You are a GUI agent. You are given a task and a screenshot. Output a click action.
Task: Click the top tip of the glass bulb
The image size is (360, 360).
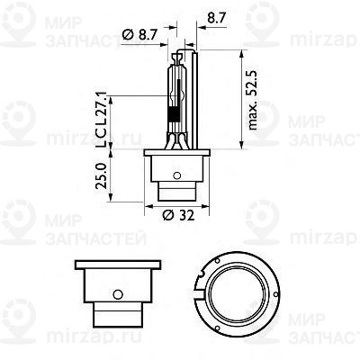click(176, 46)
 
